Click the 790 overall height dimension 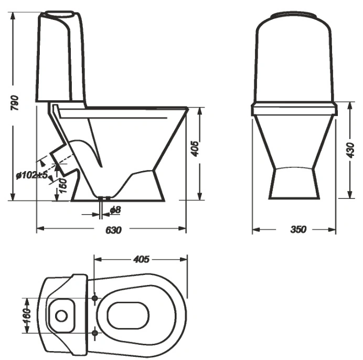coord(15,103)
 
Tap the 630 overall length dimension coord(113,230)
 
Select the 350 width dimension coord(298,229)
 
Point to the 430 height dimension coord(350,150)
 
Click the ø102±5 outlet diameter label coord(32,175)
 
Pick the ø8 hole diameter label coord(115,210)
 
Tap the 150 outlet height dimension coord(62,186)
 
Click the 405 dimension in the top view coord(141,259)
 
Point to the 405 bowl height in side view coord(195,149)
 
